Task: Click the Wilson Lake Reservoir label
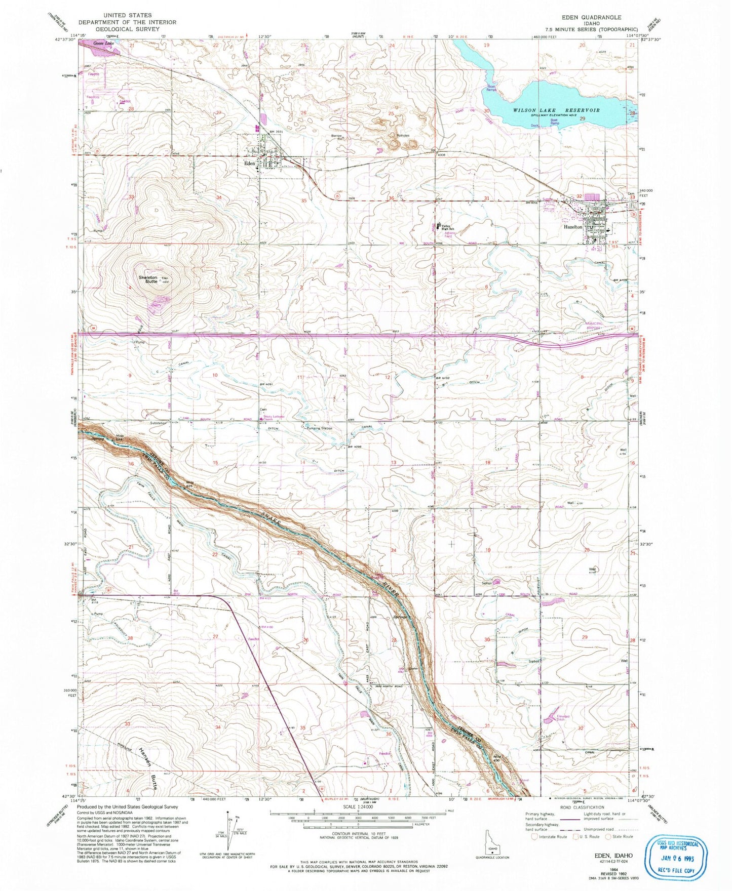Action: click(x=556, y=110)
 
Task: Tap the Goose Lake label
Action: click(x=104, y=44)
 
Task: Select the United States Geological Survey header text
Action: click(x=127, y=22)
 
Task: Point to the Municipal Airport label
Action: click(x=594, y=325)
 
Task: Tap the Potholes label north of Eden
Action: click(x=403, y=136)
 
